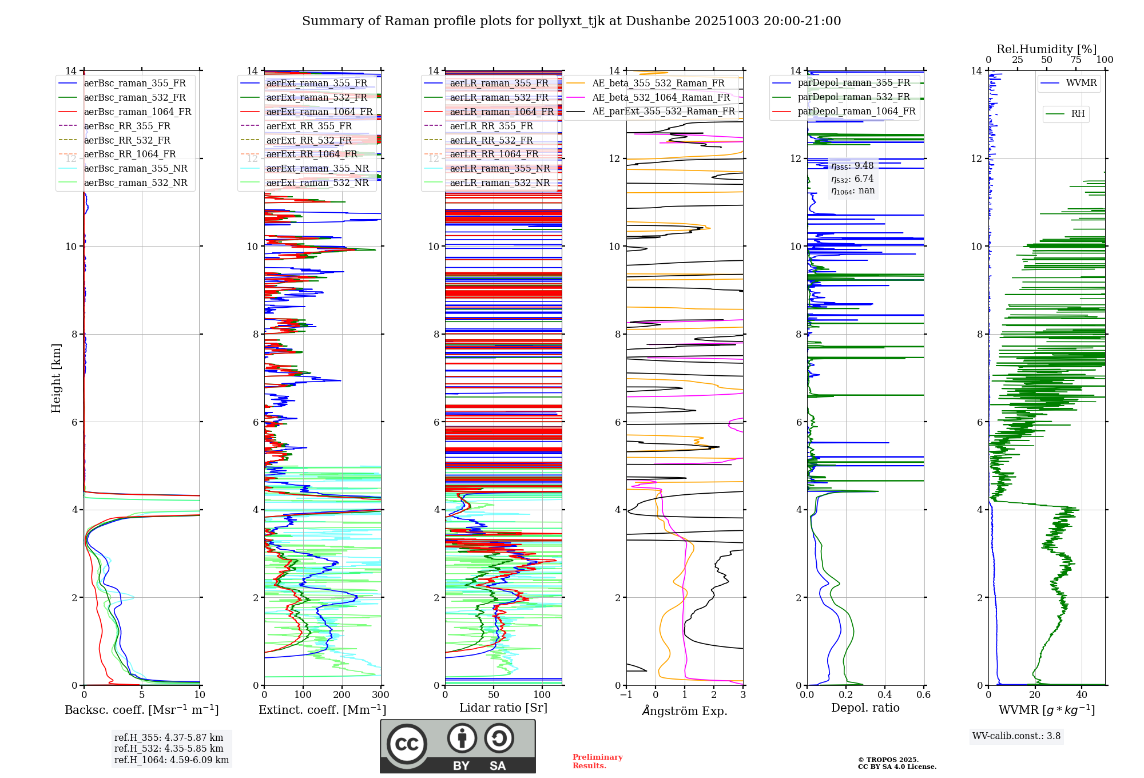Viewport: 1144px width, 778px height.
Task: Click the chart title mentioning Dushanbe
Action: [x=571, y=21]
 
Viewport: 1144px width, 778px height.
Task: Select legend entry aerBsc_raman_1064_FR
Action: [x=137, y=112]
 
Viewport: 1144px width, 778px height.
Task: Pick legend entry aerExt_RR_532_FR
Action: [x=309, y=140]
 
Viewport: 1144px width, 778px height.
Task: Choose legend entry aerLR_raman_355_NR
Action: [x=499, y=168]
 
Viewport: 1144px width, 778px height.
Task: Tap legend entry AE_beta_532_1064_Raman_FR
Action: [x=661, y=97]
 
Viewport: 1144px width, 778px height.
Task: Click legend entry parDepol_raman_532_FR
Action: [x=853, y=97]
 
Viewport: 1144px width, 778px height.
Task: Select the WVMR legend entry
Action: [x=1081, y=83]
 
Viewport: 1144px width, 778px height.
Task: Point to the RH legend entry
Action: [x=1078, y=114]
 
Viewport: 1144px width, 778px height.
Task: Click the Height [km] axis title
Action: [x=56, y=378]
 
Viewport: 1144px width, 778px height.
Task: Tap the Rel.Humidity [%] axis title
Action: [x=1046, y=49]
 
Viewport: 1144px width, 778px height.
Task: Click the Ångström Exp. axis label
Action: [x=685, y=711]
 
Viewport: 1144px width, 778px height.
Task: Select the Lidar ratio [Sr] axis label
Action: [x=503, y=708]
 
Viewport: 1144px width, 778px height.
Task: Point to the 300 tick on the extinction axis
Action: [x=381, y=695]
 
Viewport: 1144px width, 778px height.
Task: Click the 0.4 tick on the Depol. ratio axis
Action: [x=885, y=695]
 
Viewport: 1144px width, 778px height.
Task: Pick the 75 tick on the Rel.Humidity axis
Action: [x=1076, y=60]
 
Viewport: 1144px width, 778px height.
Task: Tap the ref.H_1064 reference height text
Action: [x=171, y=760]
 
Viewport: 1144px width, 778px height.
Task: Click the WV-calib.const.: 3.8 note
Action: [x=1016, y=736]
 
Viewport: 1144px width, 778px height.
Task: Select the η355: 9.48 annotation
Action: [x=852, y=166]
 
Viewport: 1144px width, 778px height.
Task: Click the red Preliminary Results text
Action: [x=597, y=761]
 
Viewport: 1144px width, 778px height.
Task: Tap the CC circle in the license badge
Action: [x=407, y=744]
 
